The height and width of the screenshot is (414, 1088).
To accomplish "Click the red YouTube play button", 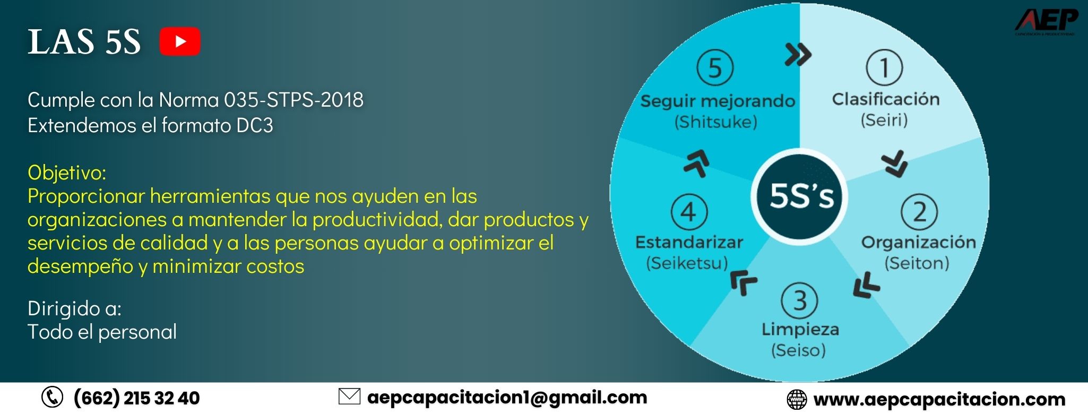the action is click(180, 41).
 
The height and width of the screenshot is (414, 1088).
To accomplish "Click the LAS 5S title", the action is click(84, 42).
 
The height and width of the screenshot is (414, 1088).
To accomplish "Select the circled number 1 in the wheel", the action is click(884, 67).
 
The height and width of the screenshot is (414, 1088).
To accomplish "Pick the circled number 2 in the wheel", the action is click(919, 212).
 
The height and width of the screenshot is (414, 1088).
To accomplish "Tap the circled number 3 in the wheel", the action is click(799, 300).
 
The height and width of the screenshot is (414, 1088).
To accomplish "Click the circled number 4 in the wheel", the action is click(689, 212).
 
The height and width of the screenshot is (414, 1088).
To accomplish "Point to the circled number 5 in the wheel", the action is click(715, 67).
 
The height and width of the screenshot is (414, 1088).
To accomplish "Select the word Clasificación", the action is click(885, 99).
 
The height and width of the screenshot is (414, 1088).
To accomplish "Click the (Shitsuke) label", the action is click(715, 122).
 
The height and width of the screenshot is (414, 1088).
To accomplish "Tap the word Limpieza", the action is click(800, 330).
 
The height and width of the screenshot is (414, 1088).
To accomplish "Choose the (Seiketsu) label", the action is click(687, 263).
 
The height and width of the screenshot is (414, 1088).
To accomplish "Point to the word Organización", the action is click(918, 243).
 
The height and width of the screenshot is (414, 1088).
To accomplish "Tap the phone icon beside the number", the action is click(52, 398).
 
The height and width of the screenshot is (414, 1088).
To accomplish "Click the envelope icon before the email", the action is click(349, 396).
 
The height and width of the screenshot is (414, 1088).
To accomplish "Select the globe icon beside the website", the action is click(796, 400).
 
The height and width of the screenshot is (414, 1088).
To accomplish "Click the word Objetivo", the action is click(67, 173).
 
